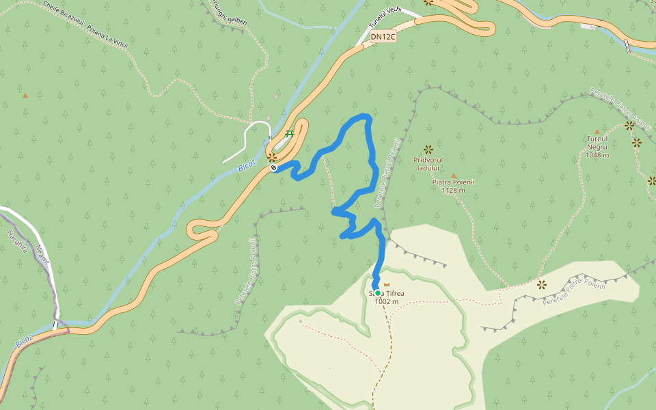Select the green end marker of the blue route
point(377,292)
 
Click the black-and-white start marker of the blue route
point(273,167)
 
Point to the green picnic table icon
point(290,133)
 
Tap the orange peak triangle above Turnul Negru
point(597,131)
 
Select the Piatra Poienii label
point(453,182)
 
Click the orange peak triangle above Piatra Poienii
point(453,175)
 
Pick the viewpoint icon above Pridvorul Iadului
point(428,149)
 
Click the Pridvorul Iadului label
point(428,163)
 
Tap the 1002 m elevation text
point(386,301)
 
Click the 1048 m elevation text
point(597,155)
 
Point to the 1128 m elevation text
point(453,191)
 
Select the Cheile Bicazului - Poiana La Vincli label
point(85,23)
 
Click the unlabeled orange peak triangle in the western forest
point(25,96)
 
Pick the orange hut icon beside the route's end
point(387,284)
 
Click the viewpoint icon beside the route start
point(272,156)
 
